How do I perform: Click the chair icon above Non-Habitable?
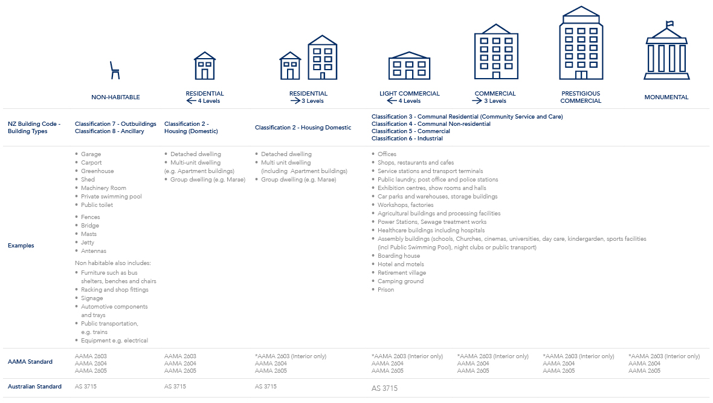click(115, 70)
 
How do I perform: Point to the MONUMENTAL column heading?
click(666, 97)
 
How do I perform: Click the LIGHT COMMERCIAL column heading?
click(409, 94)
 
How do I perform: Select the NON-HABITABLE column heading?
click(115, 97)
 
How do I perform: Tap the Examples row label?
click(21, 246)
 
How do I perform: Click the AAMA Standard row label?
click(30, 362)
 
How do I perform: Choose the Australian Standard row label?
click(34, 387)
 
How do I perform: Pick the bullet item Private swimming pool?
click(111, 197)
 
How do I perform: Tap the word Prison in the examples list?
click(386, 290)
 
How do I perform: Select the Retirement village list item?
click(401, 273)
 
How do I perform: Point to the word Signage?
click(93, 298)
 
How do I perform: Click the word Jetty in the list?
click(88, 243)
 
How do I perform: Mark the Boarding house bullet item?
click(398, 256)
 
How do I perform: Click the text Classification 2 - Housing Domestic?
click(303, 128)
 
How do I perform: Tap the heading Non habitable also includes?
click(112, 263)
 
